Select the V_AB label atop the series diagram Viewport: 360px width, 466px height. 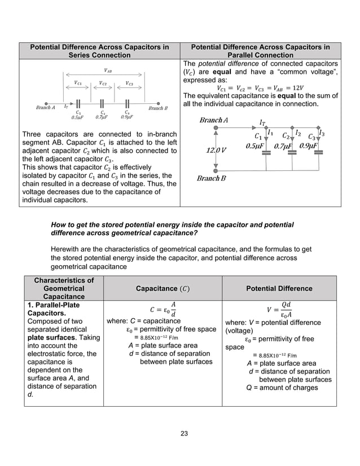(x=107, y=71)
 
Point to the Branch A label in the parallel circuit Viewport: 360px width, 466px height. (x=214, y=120)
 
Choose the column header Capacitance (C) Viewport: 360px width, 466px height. (x=163, y=288)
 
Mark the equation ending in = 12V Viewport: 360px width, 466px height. (x=259, y=88)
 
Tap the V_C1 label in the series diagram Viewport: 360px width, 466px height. (x=78, y=83)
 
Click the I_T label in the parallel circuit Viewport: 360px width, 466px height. (x=262, y=122)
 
